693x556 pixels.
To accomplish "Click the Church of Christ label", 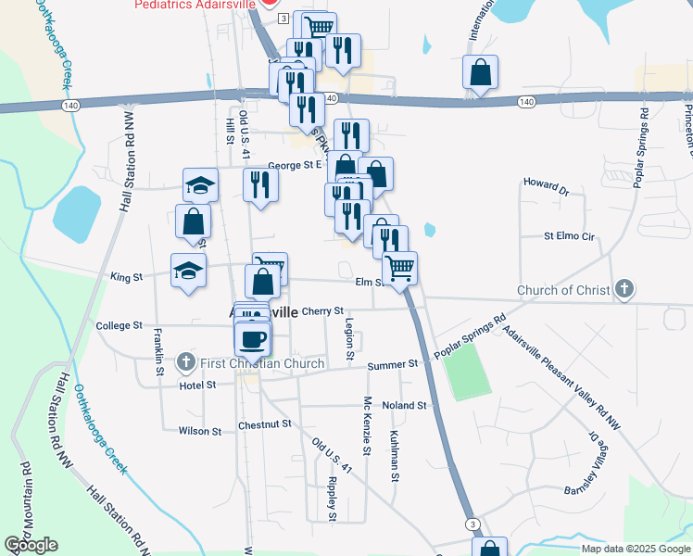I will (x=562, y=290).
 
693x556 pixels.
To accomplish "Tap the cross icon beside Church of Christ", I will (x=624, y=290).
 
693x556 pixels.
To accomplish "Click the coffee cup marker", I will (x=253, y=339).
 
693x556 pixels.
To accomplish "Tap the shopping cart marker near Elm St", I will (x=399, y=269).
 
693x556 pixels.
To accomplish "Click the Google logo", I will (x=31, y=545).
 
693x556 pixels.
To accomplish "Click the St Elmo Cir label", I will (x=568, y=236).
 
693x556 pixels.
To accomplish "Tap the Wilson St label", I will (x=200, y=431).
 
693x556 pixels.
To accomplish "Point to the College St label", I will (x=119, y=326).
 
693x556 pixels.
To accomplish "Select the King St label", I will (x=127, y=276).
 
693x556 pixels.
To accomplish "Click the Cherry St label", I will (x=322, y=311).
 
